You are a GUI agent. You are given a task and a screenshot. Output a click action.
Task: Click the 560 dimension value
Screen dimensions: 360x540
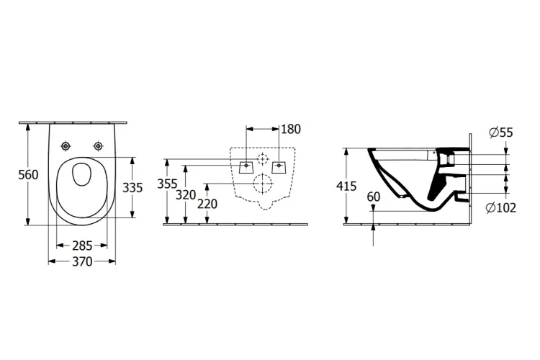pos(27,175)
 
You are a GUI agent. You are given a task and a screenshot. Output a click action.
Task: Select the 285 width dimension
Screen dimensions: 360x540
pos(81,246)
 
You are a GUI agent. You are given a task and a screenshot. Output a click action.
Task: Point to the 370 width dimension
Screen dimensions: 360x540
pos(81,262)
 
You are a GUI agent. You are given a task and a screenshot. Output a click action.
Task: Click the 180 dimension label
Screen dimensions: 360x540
pos(292,130)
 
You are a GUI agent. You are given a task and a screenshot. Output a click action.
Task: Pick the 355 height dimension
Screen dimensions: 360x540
pos(166,184)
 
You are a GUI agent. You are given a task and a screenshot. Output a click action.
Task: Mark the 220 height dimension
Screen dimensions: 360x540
pos(207,204)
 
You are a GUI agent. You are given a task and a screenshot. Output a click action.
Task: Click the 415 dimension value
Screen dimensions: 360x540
pos(346,186)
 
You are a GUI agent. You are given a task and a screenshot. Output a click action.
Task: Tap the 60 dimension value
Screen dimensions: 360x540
pos(373,197)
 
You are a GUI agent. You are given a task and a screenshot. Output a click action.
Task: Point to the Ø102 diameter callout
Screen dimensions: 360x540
pos(500,209)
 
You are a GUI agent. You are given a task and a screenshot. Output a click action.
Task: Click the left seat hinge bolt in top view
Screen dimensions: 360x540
pos(66,146)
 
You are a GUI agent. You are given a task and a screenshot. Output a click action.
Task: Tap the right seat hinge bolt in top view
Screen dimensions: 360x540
pos(96,146)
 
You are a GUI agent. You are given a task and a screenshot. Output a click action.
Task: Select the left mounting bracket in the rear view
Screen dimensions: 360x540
pos(247,166)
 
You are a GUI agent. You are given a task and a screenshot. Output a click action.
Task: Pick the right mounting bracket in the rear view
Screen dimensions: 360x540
pos(279,166)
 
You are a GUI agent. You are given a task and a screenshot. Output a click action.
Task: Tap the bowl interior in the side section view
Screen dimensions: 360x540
pos(403,173)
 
